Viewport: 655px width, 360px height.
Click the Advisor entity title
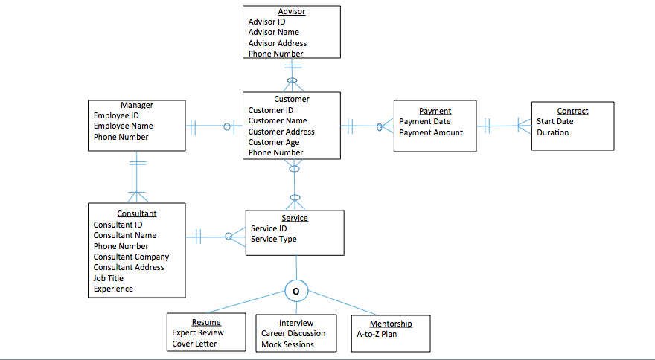(292, 11)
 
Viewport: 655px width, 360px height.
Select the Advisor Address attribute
(277, 43)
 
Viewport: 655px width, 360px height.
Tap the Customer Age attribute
(274, 142)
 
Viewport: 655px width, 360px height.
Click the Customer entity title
(292, 99)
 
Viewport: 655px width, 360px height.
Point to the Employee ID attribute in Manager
(116, 115)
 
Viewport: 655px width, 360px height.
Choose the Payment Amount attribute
(431, 132)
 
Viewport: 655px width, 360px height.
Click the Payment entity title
(435, 111)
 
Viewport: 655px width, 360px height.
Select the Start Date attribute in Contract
(555, 121)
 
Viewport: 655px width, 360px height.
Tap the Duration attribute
(552, 132)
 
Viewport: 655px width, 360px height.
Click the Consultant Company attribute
(131, 257)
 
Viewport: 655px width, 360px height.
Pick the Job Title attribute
(109, 278)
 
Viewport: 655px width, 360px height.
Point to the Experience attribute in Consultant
(113, 289)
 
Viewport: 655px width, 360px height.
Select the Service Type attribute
(273, 239)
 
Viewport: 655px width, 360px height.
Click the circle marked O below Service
(296, 292)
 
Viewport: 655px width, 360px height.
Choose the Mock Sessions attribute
(287, 344)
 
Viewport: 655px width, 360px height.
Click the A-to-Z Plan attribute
(377, 334)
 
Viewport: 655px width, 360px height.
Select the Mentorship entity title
(391, 324)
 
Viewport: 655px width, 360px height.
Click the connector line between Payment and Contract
(504, 126)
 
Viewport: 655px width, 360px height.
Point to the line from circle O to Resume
(246, 303)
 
